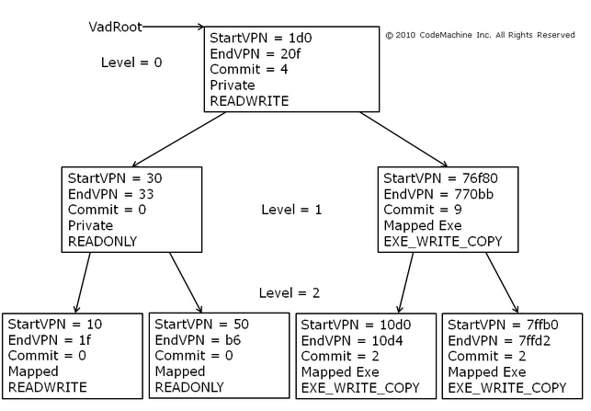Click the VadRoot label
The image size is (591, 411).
(115, 27)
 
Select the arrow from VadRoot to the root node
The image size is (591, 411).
(175, 27)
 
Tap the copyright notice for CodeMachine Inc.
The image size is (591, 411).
(480, 35)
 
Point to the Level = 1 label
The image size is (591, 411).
(291, 210)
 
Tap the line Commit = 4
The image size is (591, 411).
(248, 70)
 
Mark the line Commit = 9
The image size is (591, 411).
(422, 210)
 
